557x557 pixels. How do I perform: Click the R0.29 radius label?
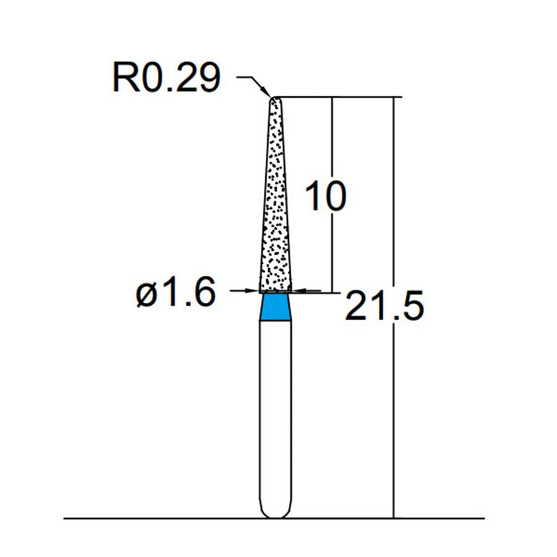click(x=166, y=79)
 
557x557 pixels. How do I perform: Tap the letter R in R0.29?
click(x=124, y=79)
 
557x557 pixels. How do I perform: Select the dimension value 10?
click(x=325, y=198)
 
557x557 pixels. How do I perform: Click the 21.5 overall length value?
click(x=384, y=306)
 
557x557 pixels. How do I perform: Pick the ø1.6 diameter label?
click(x=175, y=294)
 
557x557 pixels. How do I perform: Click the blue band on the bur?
click(x=275, y=308)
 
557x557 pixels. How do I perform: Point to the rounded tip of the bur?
click(x=276, y=99)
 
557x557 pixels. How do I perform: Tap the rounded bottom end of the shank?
click(x=275, y=514)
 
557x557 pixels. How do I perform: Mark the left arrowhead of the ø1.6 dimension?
click(x=255, y=291)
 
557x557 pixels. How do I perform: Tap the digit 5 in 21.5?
click(x=410, y=306)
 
